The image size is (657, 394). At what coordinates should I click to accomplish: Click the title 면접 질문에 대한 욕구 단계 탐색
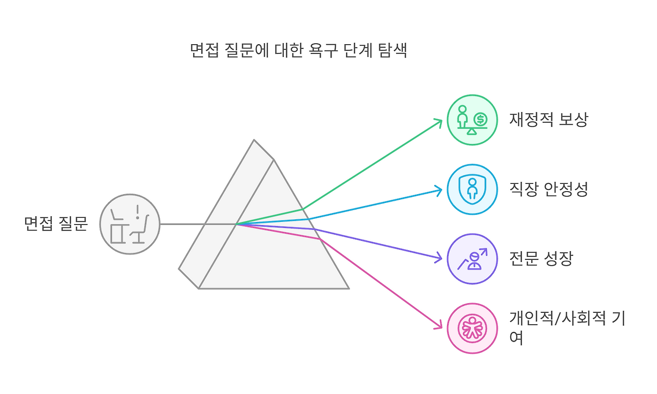[x=298, y=51]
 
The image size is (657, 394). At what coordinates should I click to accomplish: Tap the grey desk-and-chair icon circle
[x=130, y=224]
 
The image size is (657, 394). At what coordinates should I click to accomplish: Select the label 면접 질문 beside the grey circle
[x=56, y=224]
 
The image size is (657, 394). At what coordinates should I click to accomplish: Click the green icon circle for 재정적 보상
[x=472, y=120]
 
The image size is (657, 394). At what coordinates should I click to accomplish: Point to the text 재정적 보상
[x=548, y=120]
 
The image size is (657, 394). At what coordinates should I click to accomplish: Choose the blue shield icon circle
[x=472, y=189]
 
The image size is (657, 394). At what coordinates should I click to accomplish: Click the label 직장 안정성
[x=548, y=189]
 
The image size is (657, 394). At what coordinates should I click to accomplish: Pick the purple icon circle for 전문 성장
[x=472, y=258]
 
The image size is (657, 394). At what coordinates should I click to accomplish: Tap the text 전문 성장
[x=540, y=258]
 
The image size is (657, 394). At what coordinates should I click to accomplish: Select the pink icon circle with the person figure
[x=472, y=328]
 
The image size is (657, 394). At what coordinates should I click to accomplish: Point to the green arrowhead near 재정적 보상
[x=439, y=122]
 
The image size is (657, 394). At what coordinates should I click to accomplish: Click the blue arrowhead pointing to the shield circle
[x=439, y=191]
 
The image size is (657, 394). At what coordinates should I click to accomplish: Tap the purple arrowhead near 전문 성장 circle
[x=439, y=257]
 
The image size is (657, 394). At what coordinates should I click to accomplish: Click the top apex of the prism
[x=254, y=140]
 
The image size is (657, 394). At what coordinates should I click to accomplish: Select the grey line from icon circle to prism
[x=182, y=224]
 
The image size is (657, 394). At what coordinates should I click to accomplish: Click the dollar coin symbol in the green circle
[x=480, y=120]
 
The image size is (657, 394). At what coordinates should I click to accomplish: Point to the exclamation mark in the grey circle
[x=138, y=212]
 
